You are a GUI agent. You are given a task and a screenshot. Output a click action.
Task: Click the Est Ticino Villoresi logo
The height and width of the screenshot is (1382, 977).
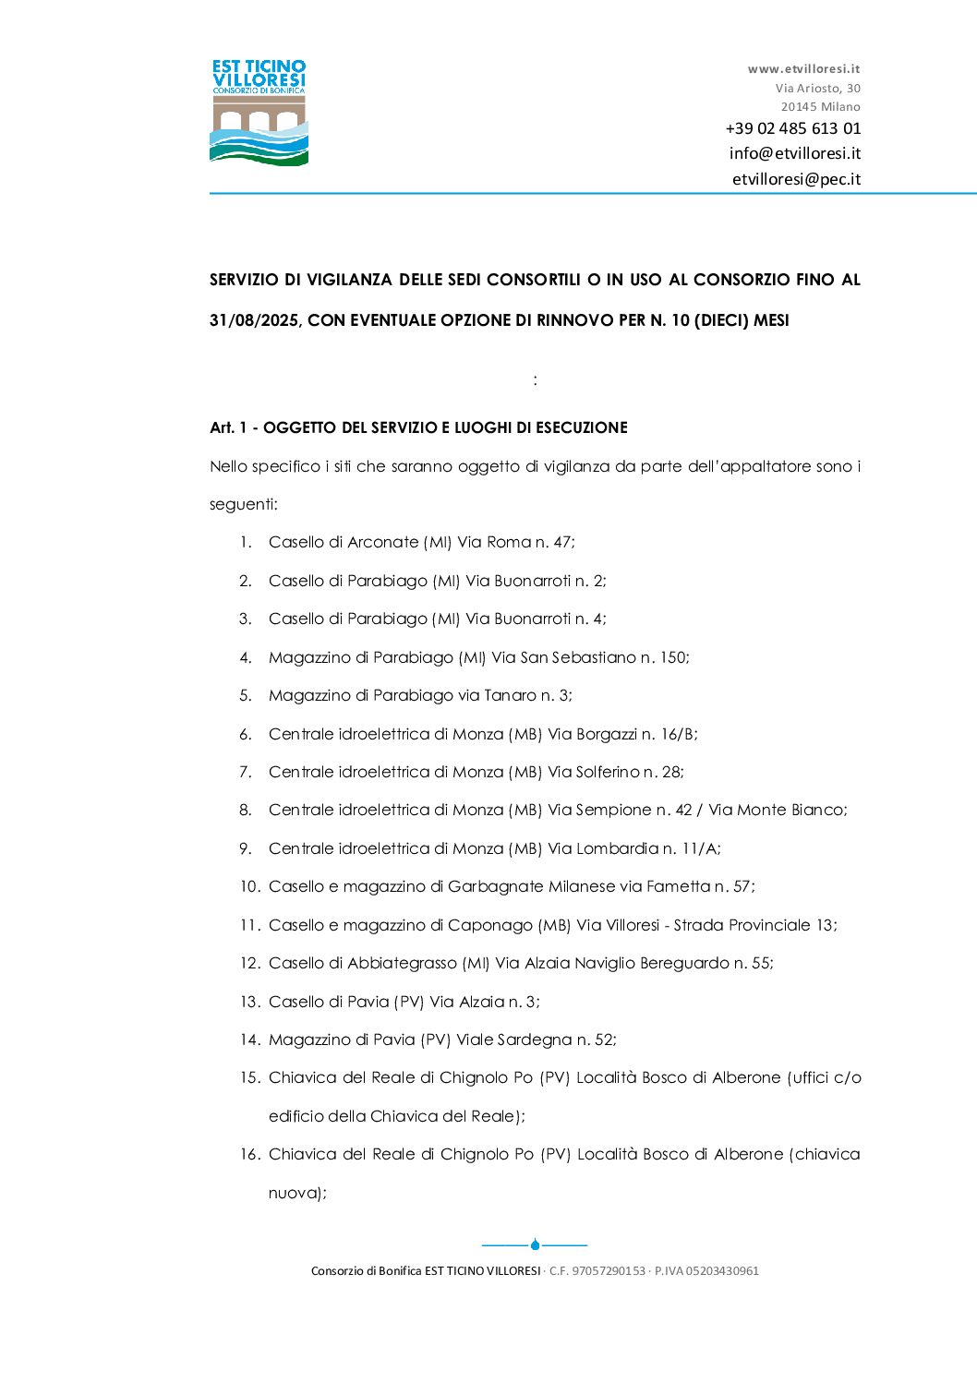[x=259, y=113]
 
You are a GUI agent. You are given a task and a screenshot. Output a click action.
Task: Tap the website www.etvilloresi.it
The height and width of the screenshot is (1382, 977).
[x=803, y=68]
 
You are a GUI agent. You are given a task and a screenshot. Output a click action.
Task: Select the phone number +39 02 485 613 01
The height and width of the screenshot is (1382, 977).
[x=792, y=128]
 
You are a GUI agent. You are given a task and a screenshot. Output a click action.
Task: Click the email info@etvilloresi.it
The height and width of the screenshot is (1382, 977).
[x=794, y=153]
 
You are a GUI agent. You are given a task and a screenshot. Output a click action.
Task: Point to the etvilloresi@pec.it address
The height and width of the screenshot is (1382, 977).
[x=796, y=179]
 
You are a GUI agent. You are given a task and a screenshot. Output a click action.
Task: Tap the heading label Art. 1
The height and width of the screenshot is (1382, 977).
[x=229, y=427]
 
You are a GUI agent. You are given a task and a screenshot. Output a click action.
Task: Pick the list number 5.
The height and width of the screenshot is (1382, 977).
[x=245, y=695]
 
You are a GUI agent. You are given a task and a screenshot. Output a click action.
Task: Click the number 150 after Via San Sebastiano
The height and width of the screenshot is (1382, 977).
[x=672, y=657]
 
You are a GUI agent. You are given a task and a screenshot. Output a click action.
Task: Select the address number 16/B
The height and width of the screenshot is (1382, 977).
[x=677, y=734]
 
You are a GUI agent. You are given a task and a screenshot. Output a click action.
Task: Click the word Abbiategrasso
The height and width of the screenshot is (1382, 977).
[x=402, y=963]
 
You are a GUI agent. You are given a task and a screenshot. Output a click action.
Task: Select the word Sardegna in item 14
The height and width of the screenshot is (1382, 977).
[x=535, y=1040]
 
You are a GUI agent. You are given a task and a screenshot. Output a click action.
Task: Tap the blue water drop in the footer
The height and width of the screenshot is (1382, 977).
[x=535, y=1244]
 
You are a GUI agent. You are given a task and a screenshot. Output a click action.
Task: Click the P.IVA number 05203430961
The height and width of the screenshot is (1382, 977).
[x=722, y=1271]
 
